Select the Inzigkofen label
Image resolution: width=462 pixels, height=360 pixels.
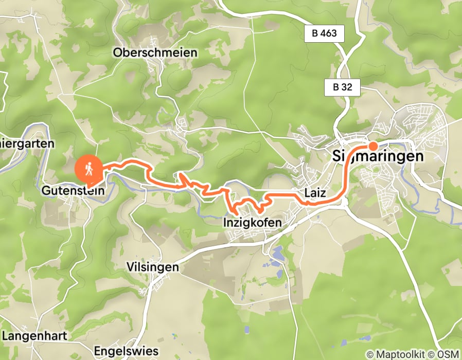[x=252, y=223]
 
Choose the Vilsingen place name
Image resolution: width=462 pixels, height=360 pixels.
[x=152, y=267]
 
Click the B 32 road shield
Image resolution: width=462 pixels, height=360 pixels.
[x=342, y=87]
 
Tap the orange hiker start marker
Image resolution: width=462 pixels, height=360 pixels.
[x=88, y=170]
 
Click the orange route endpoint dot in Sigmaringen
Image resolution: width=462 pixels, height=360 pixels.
[x=372, y=146]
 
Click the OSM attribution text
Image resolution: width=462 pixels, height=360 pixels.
[x=447, y=354]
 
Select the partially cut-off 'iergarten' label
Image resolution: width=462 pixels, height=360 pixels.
[x=26, y=143]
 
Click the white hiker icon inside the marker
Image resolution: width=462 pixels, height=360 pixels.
[x=88, y=168]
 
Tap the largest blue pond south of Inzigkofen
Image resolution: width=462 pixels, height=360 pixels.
[x=277, y=253]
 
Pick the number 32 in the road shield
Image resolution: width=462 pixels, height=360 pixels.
[x=347, y=87]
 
